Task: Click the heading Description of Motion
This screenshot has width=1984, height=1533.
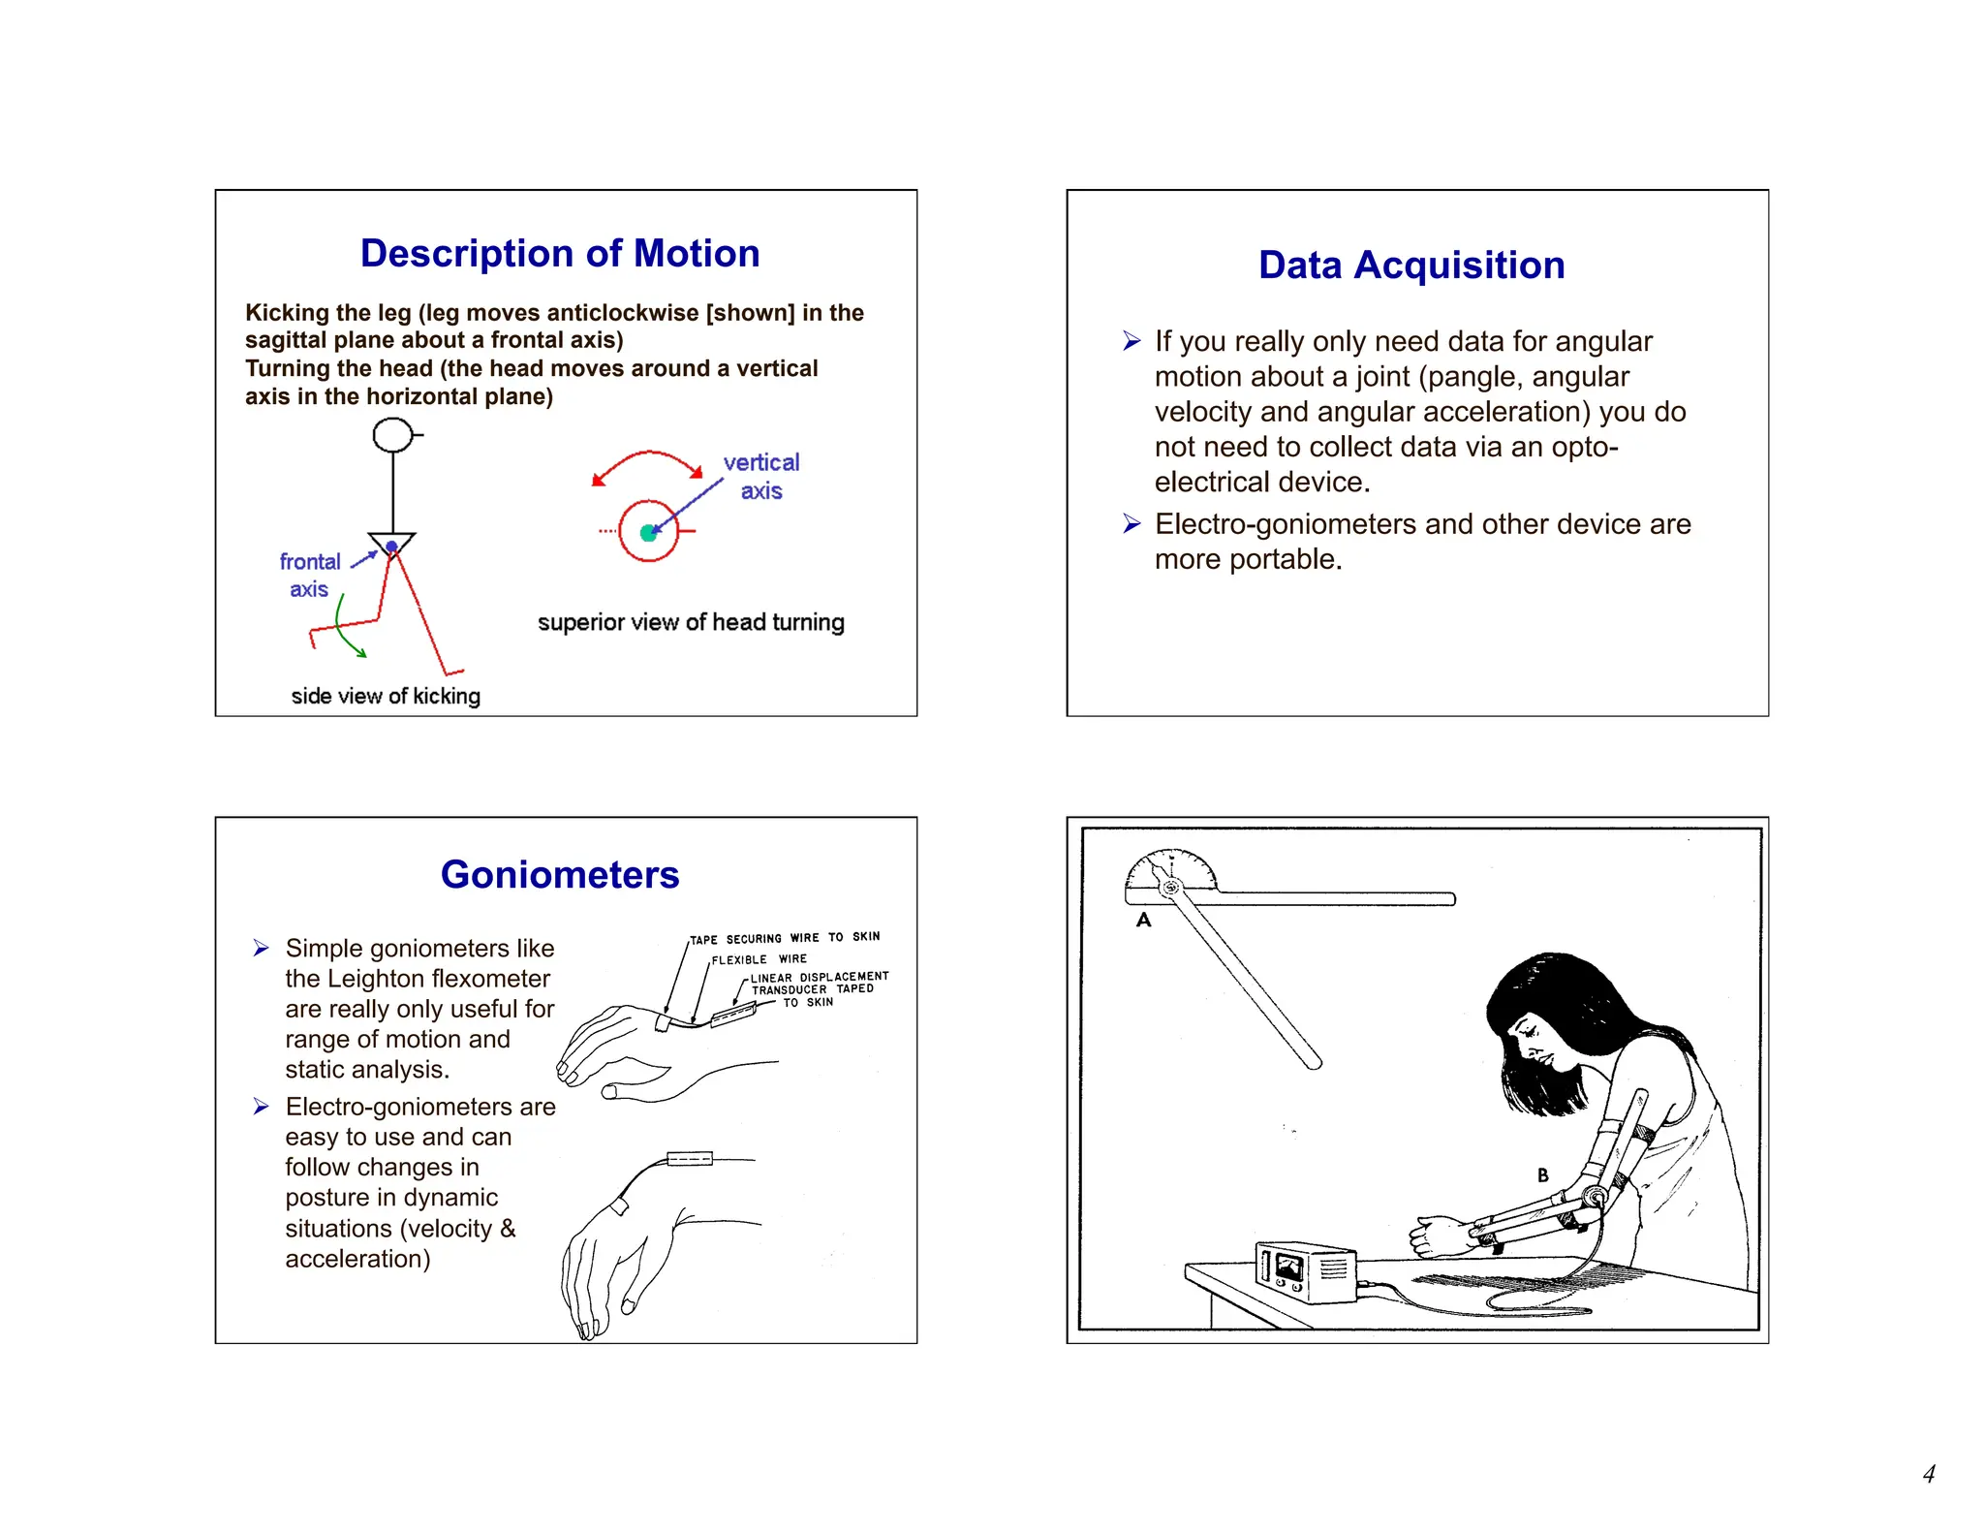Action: [559, 254]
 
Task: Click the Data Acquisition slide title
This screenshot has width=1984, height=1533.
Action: [1410, 266]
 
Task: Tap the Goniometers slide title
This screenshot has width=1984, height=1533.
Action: [559, 875]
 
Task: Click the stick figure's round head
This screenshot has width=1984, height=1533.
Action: [392, 435]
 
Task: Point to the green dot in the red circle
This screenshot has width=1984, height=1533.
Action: [648, 532]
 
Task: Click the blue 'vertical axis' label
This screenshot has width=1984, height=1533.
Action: [761, 477]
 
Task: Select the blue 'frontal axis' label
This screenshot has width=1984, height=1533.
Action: [309, 576]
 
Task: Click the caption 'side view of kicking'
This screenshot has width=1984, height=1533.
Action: [385, 696]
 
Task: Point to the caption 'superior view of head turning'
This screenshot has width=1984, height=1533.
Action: [690, 622]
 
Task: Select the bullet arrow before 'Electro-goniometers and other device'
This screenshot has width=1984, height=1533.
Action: [1131, 524]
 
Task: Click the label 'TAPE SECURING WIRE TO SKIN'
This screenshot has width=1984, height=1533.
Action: [785, 938]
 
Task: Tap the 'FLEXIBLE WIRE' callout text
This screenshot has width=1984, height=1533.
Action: [759, 959]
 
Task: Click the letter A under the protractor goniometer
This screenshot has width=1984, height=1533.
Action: [1143, 920]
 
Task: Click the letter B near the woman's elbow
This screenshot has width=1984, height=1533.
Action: [1542, 1174]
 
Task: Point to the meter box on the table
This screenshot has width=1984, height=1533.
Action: [1305, 1270]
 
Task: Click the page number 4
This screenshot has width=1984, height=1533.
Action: [1928, 1474]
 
